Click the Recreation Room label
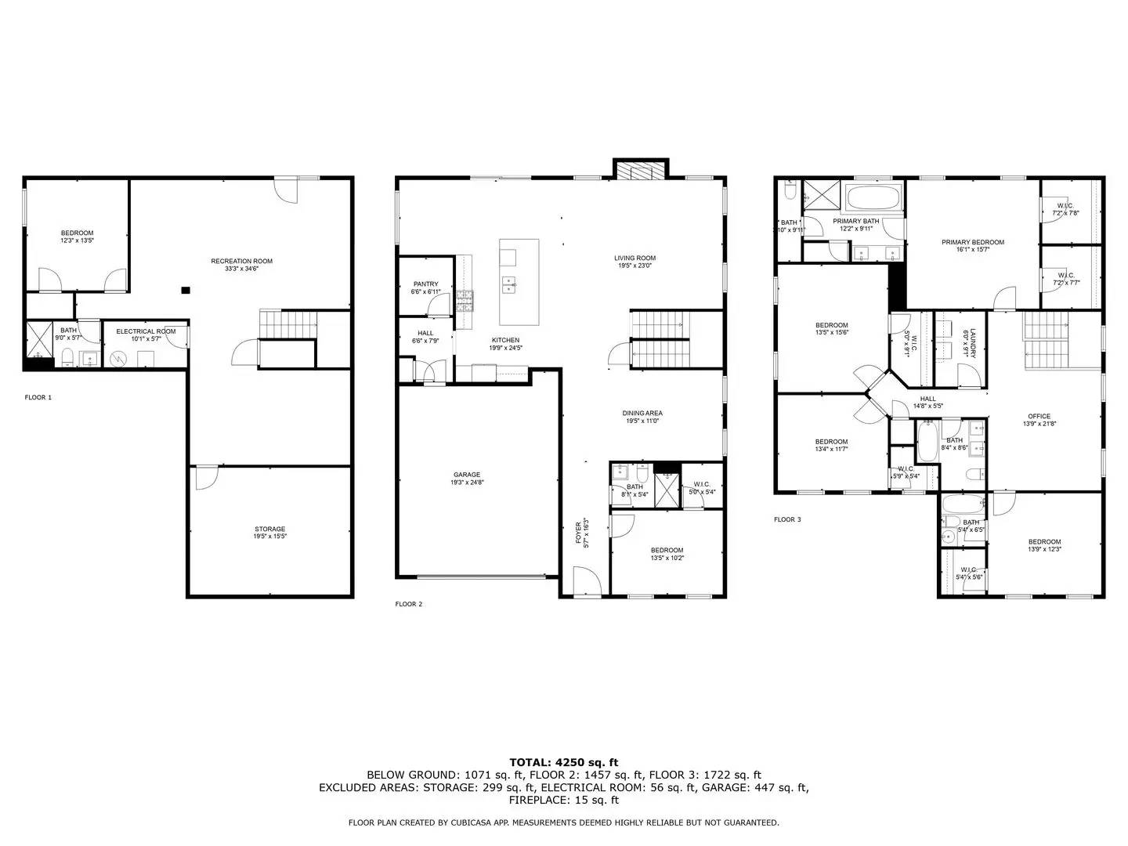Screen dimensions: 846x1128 (241, 261)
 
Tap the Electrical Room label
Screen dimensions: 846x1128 (146, 331)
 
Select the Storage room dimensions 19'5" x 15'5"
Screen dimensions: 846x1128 (269, 537)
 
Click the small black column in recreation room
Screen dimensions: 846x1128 (186, 291)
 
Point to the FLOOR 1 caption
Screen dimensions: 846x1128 (38, 397)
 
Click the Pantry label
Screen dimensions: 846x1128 (425, 284)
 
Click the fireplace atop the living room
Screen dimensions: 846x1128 (640, 170)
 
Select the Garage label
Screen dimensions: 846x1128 (467, 475)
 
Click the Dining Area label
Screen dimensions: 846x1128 (642, 413)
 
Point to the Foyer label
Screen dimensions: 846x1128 (580, 533)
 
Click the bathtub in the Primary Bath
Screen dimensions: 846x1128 (874, 200)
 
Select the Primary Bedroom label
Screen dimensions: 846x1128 (972, 242)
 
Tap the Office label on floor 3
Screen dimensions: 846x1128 (1039, 416)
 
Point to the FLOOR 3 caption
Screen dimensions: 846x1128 (787, 519)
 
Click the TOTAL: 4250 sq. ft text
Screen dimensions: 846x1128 (563, 761)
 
